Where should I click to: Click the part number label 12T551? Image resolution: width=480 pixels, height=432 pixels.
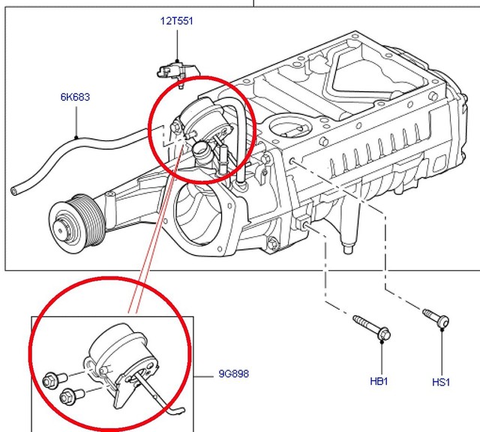point(176,21)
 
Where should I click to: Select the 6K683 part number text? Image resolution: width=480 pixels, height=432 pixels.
point(76,97)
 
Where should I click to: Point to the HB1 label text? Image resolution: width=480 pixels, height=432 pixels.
point(379,381)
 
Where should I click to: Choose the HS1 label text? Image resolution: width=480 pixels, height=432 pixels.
point(441,382)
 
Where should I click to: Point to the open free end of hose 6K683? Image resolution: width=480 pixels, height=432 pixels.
point(14,190)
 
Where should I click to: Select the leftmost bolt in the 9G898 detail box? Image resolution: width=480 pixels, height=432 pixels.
point(52,380)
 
